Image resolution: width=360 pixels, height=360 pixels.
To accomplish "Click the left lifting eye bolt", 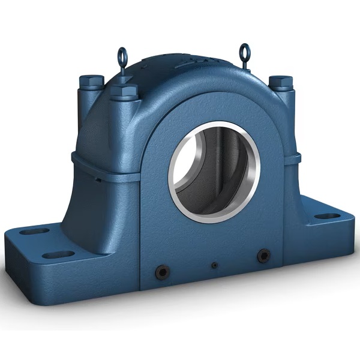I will coord(123,59).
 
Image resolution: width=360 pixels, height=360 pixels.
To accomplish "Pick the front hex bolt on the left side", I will coord(124,92).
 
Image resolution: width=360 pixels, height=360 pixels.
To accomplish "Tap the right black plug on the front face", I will coord(262,256).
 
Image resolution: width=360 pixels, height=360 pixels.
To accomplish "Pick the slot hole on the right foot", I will coord(327,216).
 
